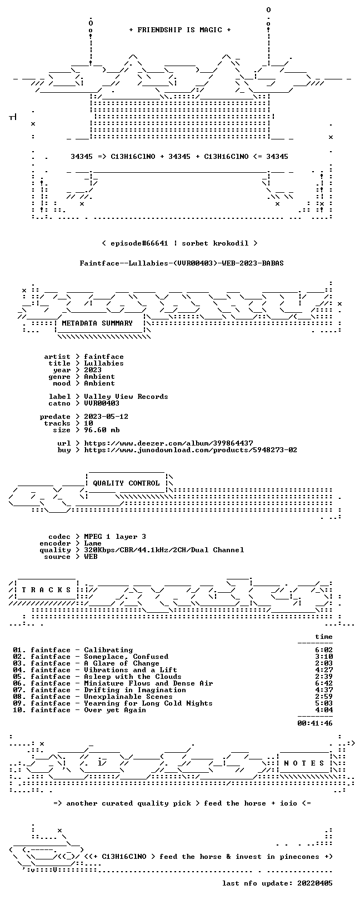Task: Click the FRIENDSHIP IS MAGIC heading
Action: coord(180,30)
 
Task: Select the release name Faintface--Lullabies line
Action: coord(182,263)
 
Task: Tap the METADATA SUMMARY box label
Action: coord(97,323)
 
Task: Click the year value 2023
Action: coord(93,370)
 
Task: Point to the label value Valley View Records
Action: coord(126,397)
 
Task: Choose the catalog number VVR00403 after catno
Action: coord(102,403)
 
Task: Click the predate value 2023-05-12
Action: coord(106,417)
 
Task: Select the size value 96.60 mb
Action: coord(102,430)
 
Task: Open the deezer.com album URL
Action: coord(168,443)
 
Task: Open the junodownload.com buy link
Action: coord(191,450)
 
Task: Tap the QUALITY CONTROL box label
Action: coord(126,483)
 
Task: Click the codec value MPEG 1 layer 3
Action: coord(115,537)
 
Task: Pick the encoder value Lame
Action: coord(93,543)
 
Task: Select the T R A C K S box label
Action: coord(46,590)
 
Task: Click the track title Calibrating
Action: coord(108,650)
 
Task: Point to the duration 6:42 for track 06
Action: coord(324,683)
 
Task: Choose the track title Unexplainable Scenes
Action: coord(128,697)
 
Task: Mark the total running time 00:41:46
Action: coord(315,723)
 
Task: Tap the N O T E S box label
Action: coord(304,763)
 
